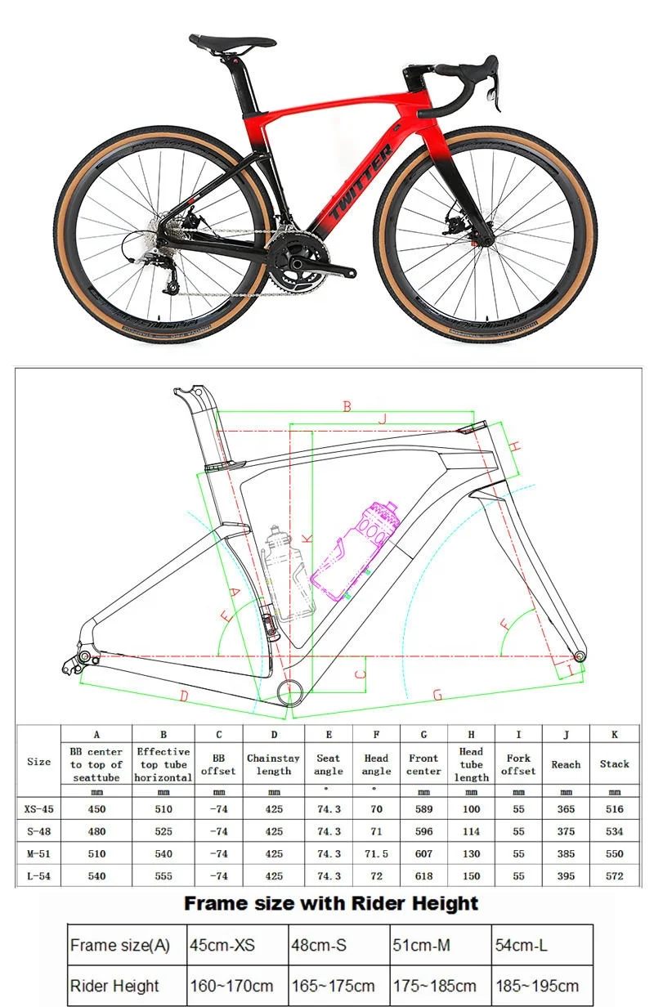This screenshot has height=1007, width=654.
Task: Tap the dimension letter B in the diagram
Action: point(347,406)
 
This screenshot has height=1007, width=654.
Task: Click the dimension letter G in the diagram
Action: point(437,695)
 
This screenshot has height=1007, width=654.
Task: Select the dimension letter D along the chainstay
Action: point(184,696)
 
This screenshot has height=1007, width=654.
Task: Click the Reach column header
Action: point(565,764)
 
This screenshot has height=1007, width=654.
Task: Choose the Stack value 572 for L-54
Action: point(614,875)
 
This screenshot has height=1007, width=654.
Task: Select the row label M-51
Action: point(38,853)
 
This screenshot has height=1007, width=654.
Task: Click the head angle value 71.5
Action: point(376,853)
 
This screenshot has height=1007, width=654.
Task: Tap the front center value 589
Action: point(423,809)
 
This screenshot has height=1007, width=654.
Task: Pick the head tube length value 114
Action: point(471,831)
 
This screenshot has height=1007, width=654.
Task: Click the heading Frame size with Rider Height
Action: point(330,903)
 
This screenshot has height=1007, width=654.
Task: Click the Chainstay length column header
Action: point(273,764)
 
